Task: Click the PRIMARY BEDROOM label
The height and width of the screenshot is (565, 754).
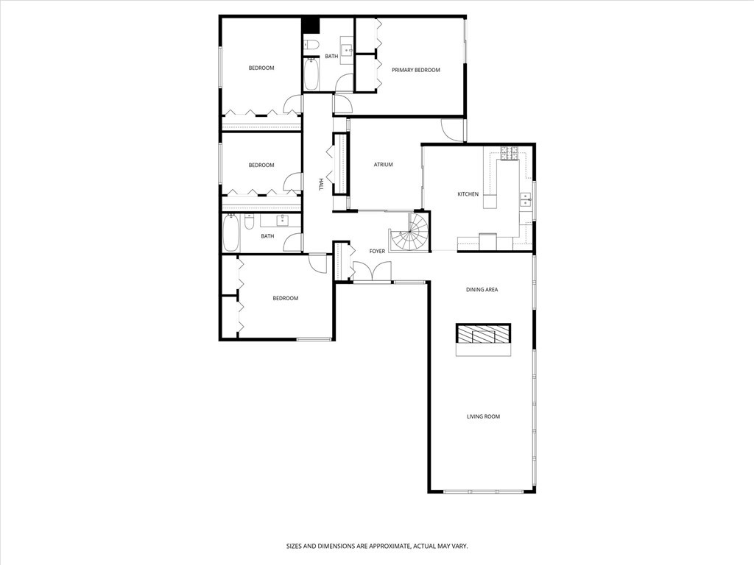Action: click(415, 70)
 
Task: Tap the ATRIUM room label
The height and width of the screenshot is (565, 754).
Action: click(383, 165)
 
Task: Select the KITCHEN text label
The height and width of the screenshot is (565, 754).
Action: click(468, 194)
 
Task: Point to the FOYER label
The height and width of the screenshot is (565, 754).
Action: click(377, 252)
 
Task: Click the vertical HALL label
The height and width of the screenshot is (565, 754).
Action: click(321, 185)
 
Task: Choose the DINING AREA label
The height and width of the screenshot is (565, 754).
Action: click(482, 290)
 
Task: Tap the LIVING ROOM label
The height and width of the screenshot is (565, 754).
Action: click(483, 416)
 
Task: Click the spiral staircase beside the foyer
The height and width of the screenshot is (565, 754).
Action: click(409, 232)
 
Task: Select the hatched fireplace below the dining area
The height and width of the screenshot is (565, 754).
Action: click(483, 335)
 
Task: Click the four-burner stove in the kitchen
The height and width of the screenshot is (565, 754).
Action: click(509, 153)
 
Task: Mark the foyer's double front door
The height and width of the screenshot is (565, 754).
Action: click(373, 271)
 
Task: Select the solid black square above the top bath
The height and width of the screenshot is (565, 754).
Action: click(311, 24)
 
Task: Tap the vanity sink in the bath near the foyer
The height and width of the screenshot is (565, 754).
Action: click(282, 220)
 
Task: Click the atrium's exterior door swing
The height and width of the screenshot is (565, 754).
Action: click(452, 129)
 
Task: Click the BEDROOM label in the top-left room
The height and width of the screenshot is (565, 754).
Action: click(261, 68)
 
